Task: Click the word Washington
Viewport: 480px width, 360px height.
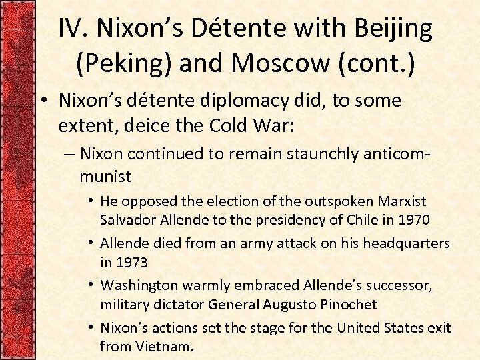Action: (139, 286)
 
